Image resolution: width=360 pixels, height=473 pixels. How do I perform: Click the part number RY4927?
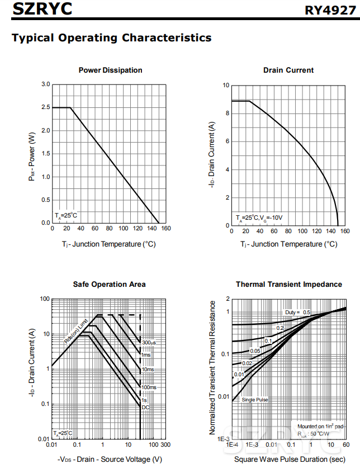329,10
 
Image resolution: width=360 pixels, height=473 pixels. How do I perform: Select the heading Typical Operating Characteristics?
112,38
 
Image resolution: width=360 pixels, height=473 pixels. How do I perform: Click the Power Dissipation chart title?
110,70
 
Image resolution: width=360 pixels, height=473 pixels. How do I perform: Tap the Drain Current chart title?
288,70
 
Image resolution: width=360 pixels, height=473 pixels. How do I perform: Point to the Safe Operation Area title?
109,285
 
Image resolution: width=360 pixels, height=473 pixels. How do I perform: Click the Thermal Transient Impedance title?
288,285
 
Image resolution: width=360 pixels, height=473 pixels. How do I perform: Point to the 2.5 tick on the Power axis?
46,107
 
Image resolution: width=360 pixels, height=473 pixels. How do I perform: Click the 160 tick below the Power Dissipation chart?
165,228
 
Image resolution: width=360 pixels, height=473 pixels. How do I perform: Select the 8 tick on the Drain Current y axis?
226,113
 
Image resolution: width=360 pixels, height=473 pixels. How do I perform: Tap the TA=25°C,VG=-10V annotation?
259,217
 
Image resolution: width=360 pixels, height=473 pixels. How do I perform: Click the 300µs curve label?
149,342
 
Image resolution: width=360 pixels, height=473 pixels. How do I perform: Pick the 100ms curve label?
149,387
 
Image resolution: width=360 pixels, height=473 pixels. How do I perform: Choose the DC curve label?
145,407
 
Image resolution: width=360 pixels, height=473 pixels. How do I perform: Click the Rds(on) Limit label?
75,331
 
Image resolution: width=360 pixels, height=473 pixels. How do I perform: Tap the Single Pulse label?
255,400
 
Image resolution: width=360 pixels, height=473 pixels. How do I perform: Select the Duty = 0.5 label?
297,312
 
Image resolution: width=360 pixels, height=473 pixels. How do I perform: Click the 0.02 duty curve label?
247,363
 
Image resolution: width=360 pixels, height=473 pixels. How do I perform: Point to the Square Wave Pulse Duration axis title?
289,460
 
